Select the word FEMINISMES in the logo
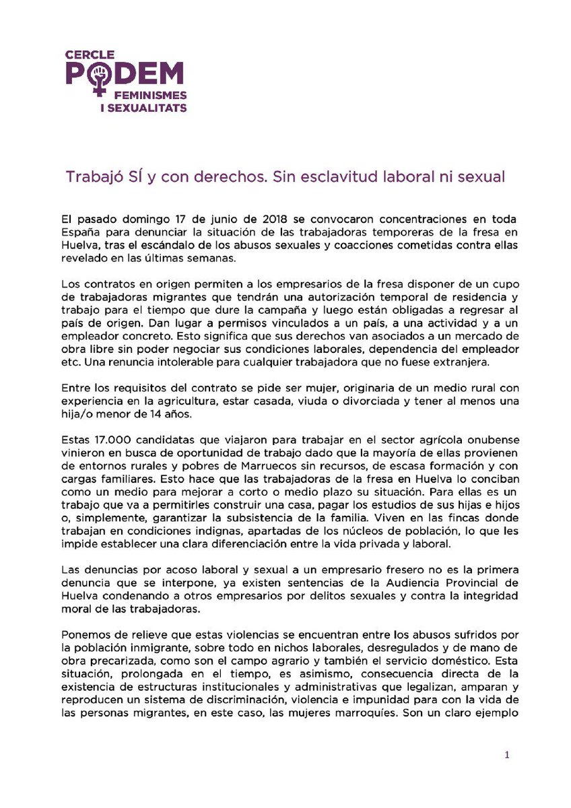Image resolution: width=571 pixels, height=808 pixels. tap(152, 96)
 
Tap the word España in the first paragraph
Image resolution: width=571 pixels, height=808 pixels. tap(78, 232)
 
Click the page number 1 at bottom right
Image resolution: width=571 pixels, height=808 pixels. tap(506, 755)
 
